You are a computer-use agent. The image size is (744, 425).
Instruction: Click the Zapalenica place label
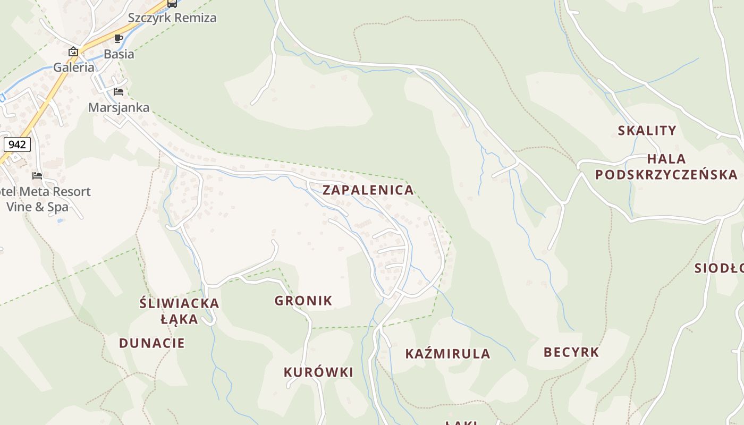(x=368, y=190)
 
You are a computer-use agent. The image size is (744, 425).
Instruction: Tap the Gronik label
(x=303, y=301)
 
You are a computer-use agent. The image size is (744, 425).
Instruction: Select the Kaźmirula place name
(x=447, y=354)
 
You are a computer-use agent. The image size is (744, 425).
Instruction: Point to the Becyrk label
(x=571, y=352)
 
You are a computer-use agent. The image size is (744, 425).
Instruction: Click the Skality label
(x=647, y=131)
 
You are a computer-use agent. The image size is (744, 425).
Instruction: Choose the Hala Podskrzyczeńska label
(x=666, y=167)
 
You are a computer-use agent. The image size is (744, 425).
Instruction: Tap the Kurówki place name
(x=318, y=372)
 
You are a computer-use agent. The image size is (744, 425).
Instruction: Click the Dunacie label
(x=152, y=343)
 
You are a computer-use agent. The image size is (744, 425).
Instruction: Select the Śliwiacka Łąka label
(x=179, y=311)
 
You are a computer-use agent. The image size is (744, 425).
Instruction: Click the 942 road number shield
(x=17, y=144)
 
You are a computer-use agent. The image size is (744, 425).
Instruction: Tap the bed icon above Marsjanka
(x=119, y=92)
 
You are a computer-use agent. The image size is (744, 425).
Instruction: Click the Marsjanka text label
(x=119, y=107)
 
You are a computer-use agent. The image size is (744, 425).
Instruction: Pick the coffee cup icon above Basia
(x=119, y=38)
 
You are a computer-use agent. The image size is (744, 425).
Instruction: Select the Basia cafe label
(x=119, y=54)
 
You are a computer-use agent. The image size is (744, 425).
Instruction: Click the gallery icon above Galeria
(x=73, y=52)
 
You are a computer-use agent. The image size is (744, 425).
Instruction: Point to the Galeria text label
(x=73, y=67)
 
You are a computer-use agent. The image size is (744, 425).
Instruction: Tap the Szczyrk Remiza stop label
(x=172, y=18)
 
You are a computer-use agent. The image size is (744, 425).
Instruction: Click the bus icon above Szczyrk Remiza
(x=172, y=3)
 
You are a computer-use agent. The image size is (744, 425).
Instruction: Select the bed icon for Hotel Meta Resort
(x=37, y=176)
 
